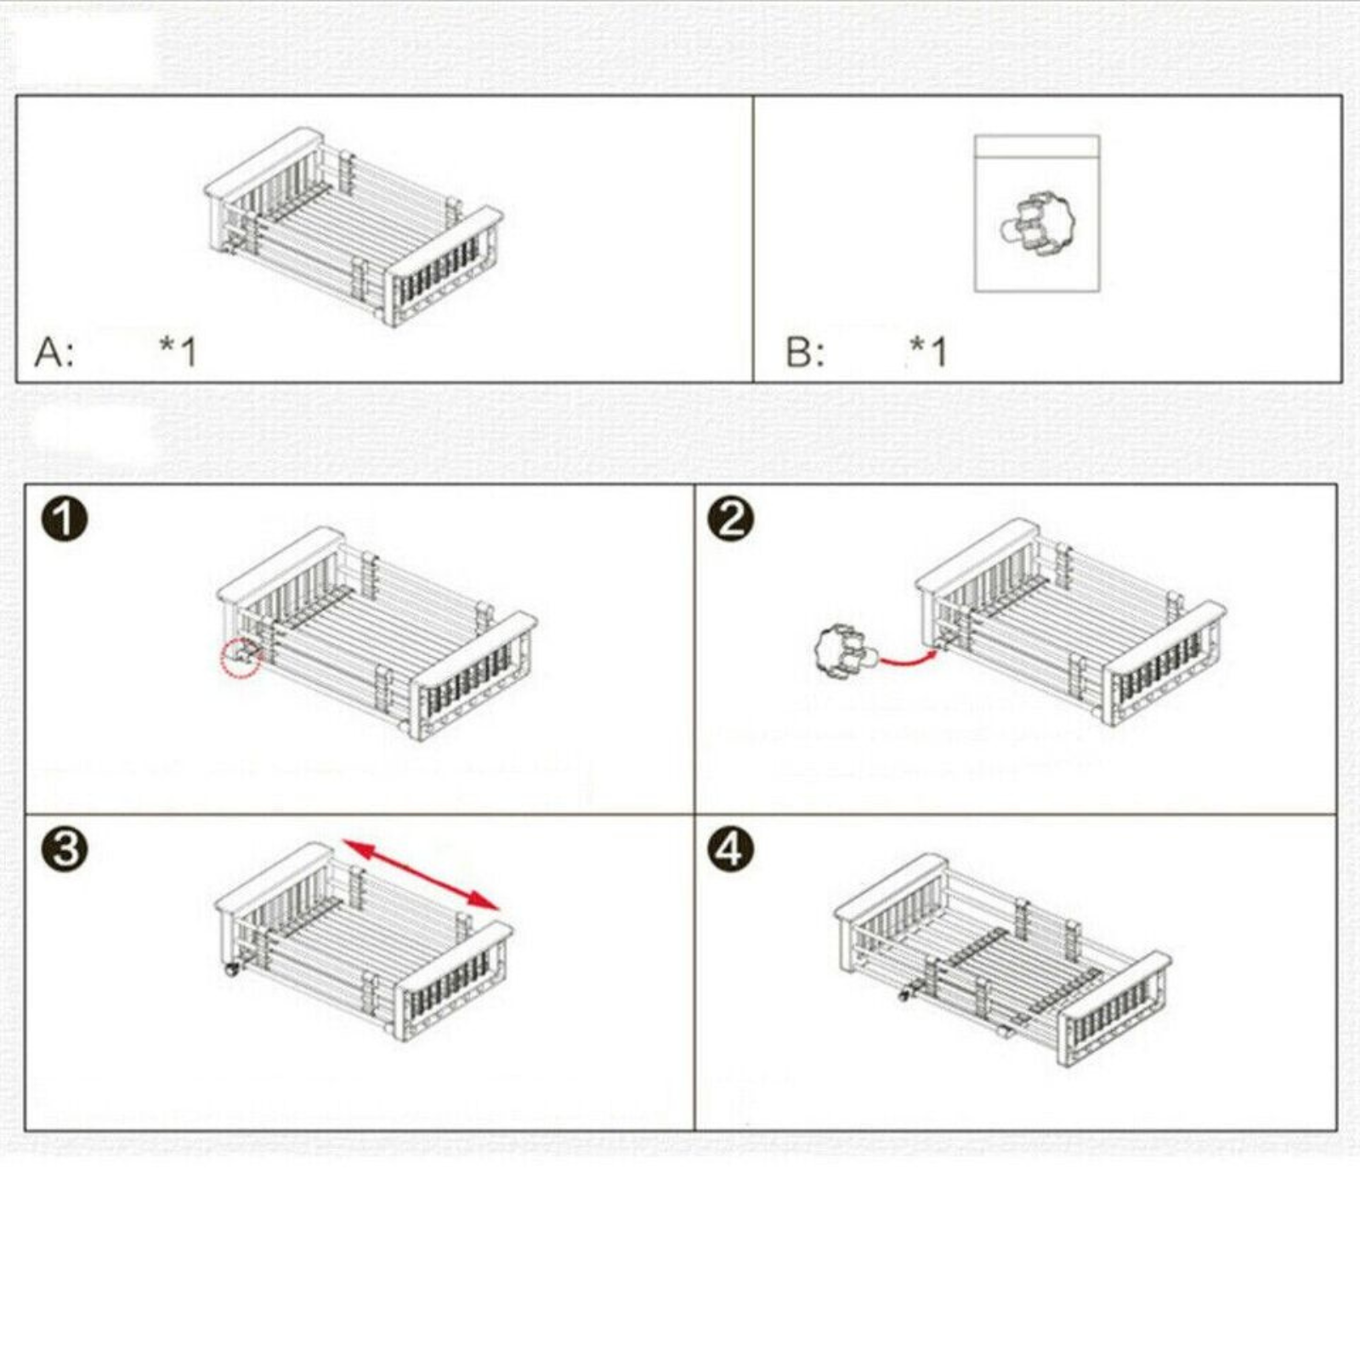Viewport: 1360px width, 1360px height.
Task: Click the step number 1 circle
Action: click(x=65, y=518)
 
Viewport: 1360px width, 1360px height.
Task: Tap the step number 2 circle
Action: click(x=730, y=518)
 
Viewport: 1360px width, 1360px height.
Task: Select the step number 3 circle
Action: click(x=65, y=848)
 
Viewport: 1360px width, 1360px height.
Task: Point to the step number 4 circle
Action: click(x=730, y=848)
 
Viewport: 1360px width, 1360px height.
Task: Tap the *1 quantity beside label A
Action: click(x=178, y=351)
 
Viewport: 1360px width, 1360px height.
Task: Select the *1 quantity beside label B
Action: click(x=928, y=351)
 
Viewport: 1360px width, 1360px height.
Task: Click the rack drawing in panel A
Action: click(x=354, y=228)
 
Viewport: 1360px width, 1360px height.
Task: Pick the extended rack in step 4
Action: click(x=1003, y=960)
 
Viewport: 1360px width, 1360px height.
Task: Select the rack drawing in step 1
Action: click(x=377, y=634)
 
